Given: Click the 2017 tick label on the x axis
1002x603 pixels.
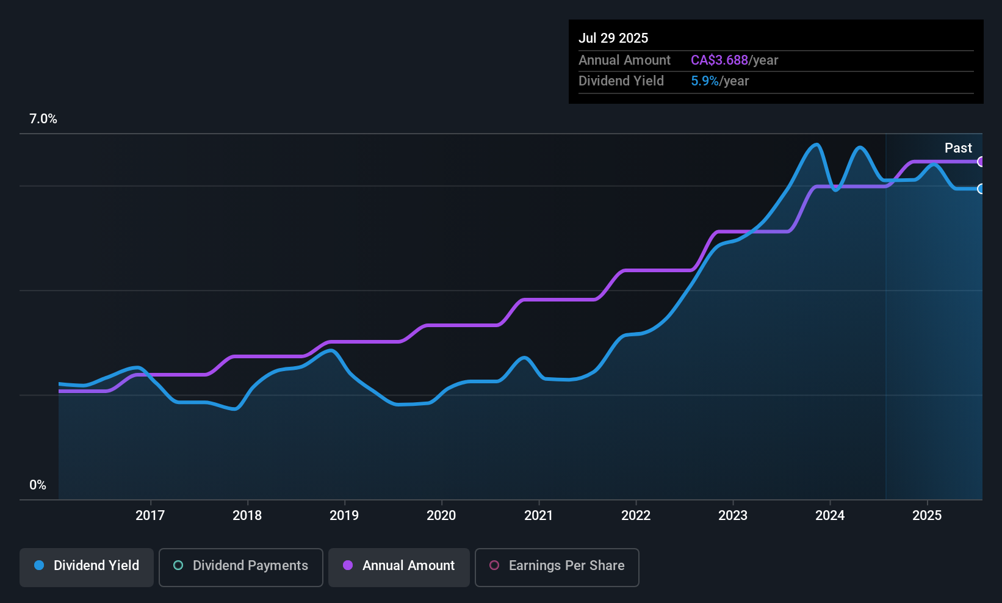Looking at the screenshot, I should (x=150, y=515).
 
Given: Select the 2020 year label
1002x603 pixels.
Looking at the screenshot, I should (x=441, y=515).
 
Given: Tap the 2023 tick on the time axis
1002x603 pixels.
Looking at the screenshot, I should (x=733, y=515).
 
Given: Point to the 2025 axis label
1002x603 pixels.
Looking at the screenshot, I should (x=927, y=515).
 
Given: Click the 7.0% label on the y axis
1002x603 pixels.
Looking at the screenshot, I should (x=43, y=119).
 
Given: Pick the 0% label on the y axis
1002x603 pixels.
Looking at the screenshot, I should (x=38, y=485).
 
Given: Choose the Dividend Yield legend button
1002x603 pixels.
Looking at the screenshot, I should (x=87, y=566).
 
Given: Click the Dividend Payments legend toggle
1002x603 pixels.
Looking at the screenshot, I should (x=241, y=566).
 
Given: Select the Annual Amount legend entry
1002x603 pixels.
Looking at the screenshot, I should (x=399, y=566).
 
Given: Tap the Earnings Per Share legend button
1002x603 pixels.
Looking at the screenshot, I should (x=557, y=566).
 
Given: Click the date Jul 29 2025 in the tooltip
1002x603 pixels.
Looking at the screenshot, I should (x=613, y=38).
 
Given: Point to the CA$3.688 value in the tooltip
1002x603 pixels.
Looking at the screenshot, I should (x=719, y=60).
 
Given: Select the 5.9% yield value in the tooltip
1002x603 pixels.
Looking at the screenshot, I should (x=704, y=81).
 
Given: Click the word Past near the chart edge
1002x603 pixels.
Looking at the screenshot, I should (x=958, y=148).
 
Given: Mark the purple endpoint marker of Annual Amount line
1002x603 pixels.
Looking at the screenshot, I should (x=981, y=162).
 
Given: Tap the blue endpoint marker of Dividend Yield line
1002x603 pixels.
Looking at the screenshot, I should (x=981, y=189).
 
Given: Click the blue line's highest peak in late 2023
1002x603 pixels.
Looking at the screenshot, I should (x=816, y=145).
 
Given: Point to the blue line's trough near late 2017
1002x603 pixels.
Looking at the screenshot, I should (x=234, y=409).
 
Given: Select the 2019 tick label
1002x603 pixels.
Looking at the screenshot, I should (x=344, y=515).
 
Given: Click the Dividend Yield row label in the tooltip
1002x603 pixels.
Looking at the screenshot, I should (x=621, y=81).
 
